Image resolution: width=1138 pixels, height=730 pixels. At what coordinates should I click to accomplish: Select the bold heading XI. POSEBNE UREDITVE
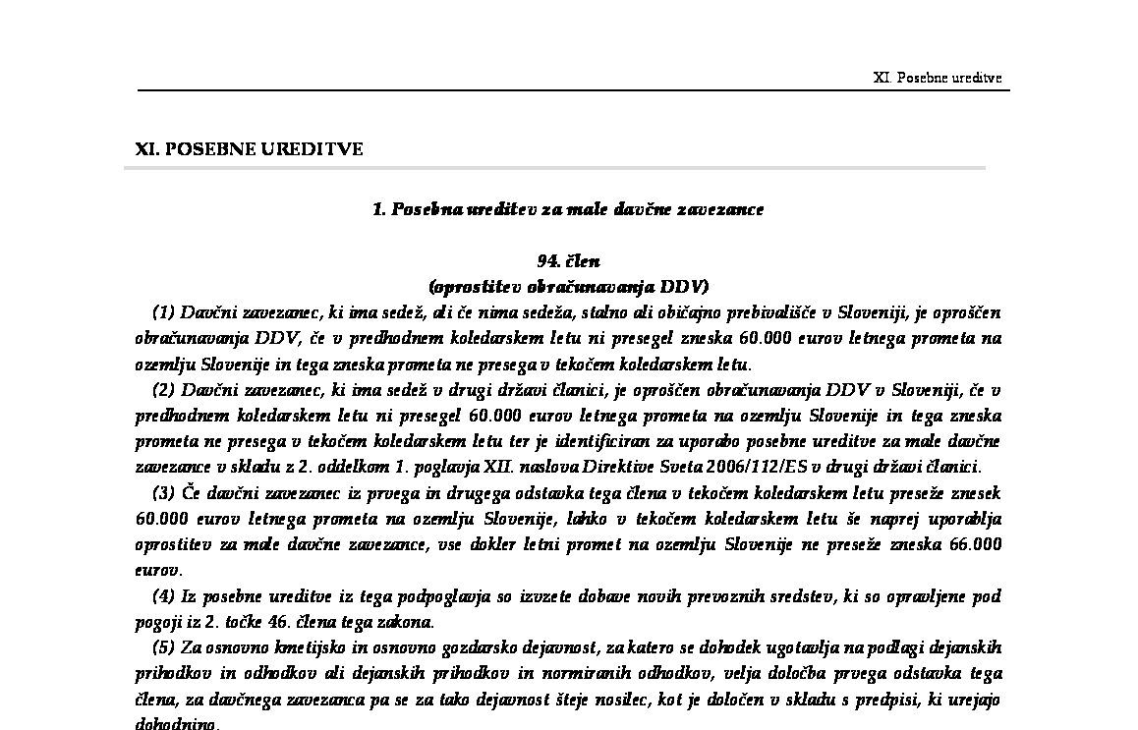click(249, 149)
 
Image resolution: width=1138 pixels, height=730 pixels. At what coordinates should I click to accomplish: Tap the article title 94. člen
click(568, 261)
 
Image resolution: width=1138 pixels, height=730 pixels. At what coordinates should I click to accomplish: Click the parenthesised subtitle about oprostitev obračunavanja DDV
click(568, 287)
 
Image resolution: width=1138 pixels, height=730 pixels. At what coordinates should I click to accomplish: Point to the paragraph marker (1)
click(163, 312)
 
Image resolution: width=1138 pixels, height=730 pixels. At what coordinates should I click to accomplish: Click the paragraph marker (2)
click(163, 390)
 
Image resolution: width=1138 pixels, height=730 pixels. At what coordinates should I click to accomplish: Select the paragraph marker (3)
click(163, 493)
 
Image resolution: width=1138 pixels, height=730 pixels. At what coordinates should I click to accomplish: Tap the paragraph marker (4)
click(163, 596)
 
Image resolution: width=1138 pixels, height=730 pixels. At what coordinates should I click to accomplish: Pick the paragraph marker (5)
click(163, 648)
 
